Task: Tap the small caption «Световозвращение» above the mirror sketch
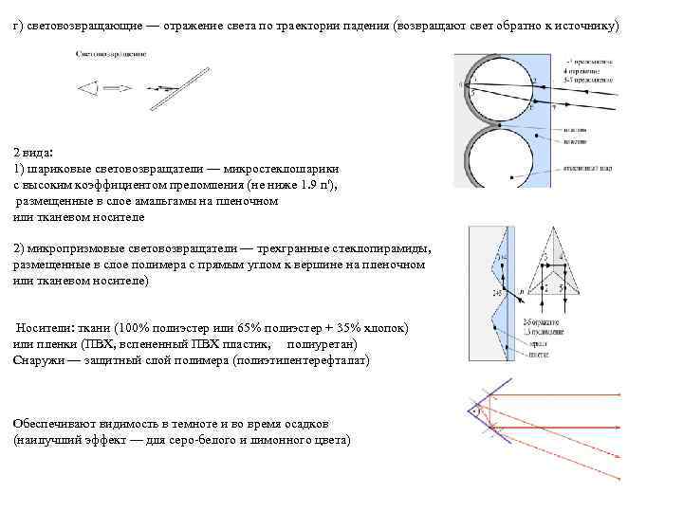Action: tap(111, 54)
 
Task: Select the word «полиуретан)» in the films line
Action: tap(323, 343)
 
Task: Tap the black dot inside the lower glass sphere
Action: tap(512, 175)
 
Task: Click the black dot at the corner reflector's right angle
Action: tap(471, 412)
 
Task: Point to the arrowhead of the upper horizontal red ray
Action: tap(618, 394)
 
